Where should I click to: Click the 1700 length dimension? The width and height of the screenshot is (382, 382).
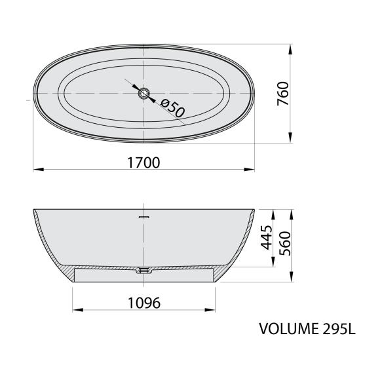pyautogui.click(x=143, y=162)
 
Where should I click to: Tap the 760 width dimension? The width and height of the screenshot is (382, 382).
pyautogui.click(x=283, y=94)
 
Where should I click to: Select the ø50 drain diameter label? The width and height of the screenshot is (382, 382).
pyautogui.click(x=173, y=107)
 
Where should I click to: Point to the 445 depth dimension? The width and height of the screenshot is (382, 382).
pyautogui.click(x=266, y=238)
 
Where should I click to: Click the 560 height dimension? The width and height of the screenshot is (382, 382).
pyautogui.click(x=285, y=243)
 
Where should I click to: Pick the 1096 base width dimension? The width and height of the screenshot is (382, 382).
pyautogui.click(x=144, y=303)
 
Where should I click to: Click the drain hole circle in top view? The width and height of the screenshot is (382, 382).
pyautogui.click(x=143, y=93)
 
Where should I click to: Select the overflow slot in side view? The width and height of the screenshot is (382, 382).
pyautogui.click(x=143, y=217)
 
